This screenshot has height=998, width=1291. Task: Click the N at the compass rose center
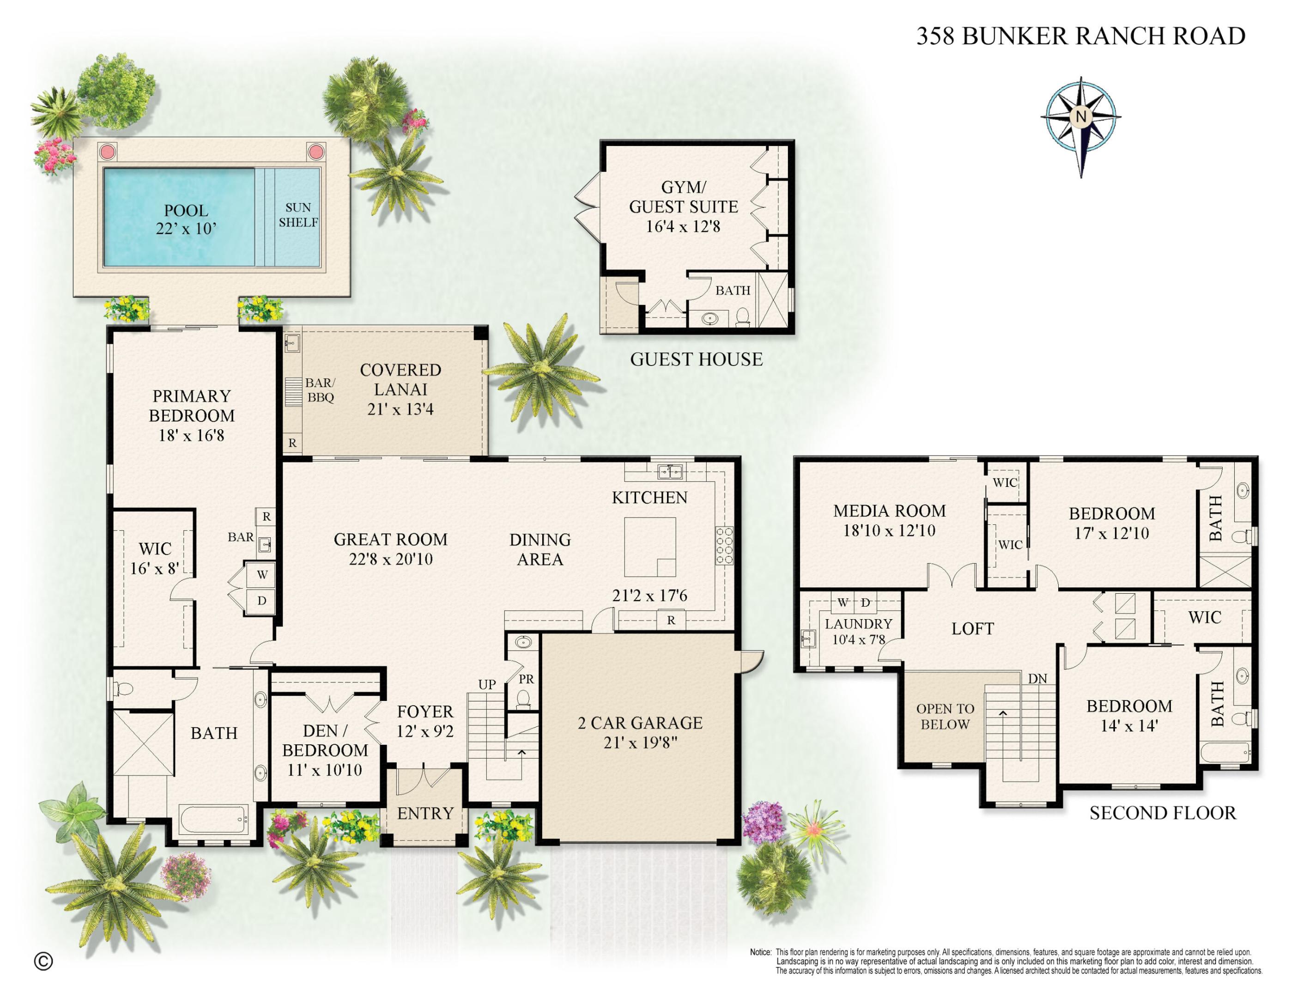coord(1081,116)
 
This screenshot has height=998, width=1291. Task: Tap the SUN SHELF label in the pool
coord(298,215)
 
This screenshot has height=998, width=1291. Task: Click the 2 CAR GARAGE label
coord(640,732)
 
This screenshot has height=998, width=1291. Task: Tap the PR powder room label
coord(526,679)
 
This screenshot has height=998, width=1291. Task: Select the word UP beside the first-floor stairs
coord(486,684)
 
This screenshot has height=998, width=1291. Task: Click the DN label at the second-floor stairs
coord(1037,679)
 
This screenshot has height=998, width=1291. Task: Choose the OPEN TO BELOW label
coord(945,717)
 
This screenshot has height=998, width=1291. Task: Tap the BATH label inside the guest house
coord(733,290)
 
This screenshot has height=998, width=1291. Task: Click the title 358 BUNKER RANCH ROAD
coord(1080,36)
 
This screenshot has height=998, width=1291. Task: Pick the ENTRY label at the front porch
coord(425,814)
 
